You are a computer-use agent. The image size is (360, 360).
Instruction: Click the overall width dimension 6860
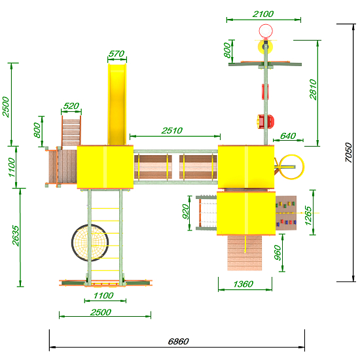179,342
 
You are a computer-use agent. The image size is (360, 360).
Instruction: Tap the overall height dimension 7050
348,153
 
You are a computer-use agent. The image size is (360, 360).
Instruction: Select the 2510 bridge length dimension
172,131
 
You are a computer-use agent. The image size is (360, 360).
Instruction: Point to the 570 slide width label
117,54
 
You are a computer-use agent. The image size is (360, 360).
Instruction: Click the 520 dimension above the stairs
71,106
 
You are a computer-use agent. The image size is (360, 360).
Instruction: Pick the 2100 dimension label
263,14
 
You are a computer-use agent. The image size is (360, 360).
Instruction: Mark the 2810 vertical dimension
313,90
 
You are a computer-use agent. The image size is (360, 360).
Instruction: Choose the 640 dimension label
288,136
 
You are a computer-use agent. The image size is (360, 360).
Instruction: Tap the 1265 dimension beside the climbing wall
308,215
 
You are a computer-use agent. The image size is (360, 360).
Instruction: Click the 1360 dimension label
243,284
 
